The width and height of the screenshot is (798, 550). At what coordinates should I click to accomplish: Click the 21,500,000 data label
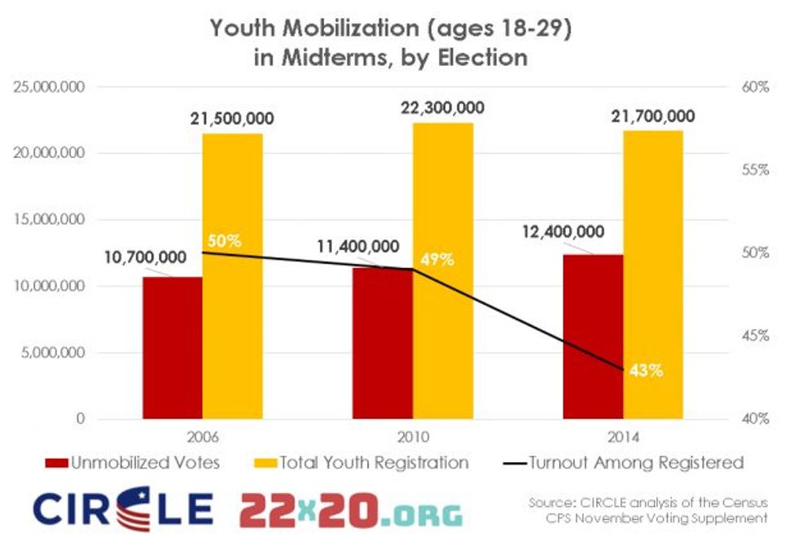click(232, 119)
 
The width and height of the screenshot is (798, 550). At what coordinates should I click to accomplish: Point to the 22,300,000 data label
click(443, 108)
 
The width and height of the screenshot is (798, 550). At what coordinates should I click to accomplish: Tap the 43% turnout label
click(645, 370)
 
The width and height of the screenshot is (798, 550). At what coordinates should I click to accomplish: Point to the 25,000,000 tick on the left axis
click(50, 86)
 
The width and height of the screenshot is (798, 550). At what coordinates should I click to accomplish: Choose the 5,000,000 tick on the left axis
click(55, 353)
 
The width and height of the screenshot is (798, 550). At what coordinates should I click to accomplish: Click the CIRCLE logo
click(122, 509)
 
